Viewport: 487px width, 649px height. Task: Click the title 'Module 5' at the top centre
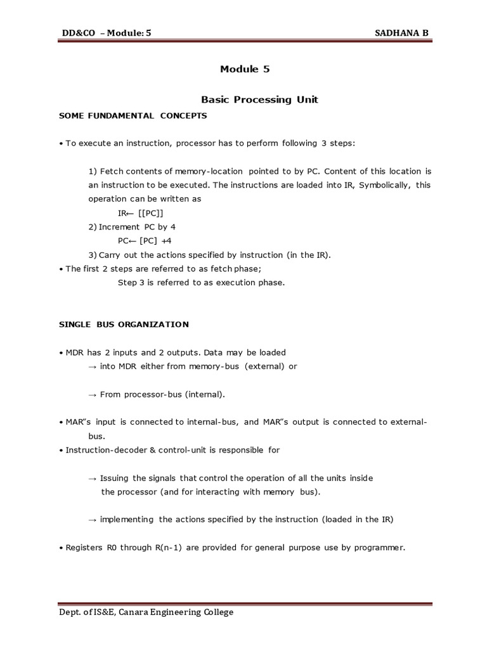tap(245, 70)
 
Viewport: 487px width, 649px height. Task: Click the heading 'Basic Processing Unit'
tap(259, 100)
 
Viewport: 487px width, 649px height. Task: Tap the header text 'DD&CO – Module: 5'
tap(107, 34)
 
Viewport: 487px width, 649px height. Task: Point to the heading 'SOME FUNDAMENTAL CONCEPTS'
tap(133, 115)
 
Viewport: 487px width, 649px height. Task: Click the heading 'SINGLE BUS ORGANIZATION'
tap(124, 324)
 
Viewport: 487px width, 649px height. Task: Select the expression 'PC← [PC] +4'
tap(145, 241)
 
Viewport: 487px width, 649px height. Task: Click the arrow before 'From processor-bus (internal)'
tap(92, 394)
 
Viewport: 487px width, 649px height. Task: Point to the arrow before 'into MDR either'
tap(92, 366)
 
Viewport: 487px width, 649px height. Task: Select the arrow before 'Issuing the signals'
tap(92, 478)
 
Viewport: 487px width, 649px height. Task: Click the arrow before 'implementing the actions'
tap(92, 520)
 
